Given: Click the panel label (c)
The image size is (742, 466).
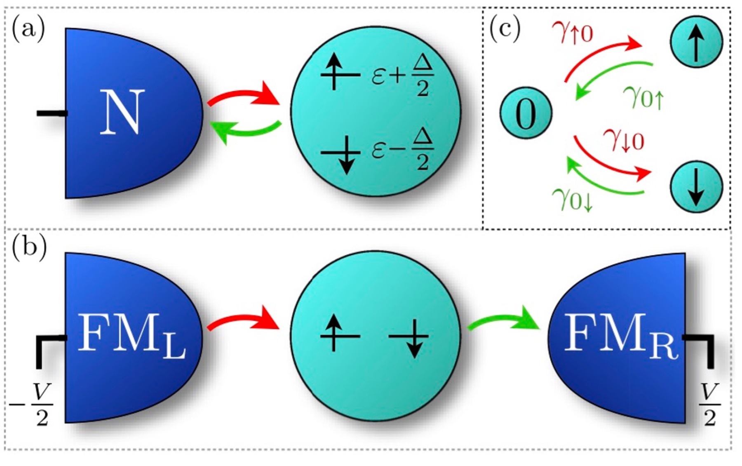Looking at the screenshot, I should pos(505,30).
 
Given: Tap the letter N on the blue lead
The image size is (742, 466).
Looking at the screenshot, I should pos(122,112).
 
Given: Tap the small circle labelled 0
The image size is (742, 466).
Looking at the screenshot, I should pos(526,113).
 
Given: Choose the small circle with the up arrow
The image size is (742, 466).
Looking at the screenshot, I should pos(696,41).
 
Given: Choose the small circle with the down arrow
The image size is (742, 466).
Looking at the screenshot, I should pos(696,186).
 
